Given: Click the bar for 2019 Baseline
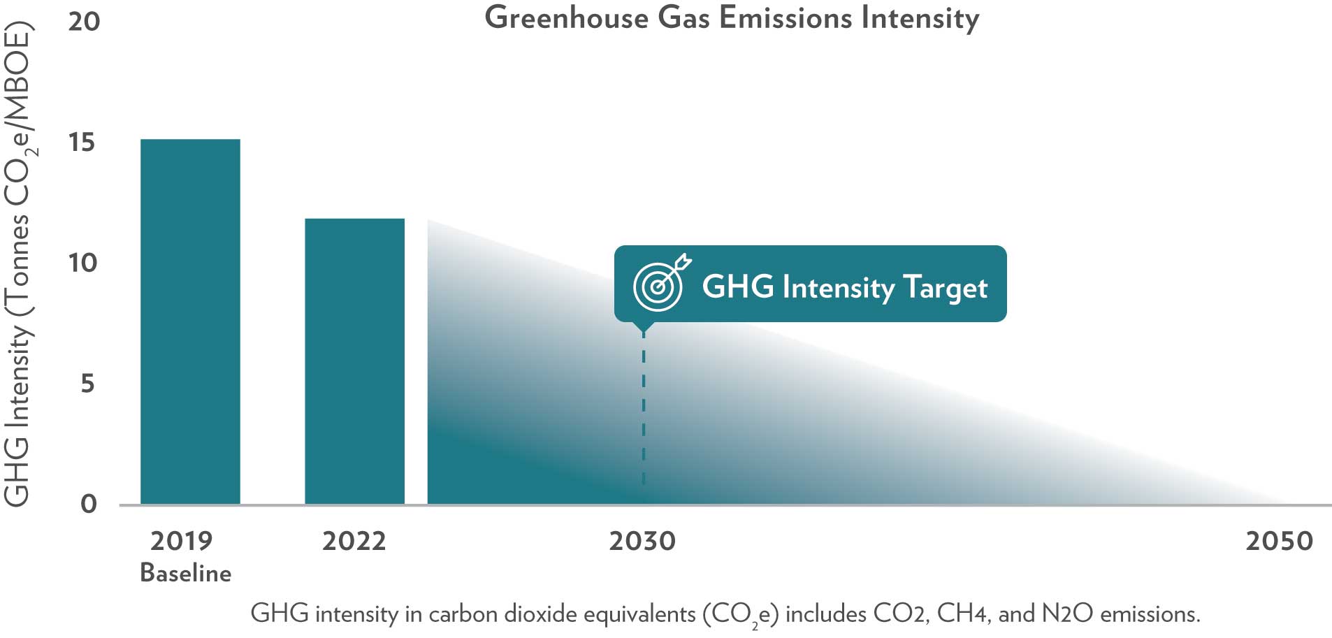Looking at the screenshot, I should click(x=190, y=321).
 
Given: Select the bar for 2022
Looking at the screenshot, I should click(x=354, y=361).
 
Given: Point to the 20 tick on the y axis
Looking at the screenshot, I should click(x=84, y=22).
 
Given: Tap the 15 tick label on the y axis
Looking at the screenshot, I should click(x=81, y=143).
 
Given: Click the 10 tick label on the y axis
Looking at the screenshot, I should click(x=82, y=263).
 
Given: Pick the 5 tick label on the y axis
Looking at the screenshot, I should click(x=87, y=384).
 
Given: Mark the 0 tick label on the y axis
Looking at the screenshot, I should click(x=88, y=504).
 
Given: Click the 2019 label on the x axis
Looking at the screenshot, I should click(x=181, y=541).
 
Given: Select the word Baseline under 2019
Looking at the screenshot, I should click(x=185, y=573).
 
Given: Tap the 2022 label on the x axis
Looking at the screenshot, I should click(x=354, y=541).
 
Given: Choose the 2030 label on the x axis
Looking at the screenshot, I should click(x=642, y=541).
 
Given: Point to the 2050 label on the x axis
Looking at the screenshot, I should click(x=1279, y=541).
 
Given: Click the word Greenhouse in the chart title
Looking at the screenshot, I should click(x=566, y=18).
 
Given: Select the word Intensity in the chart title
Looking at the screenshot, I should click(x=920, y=18).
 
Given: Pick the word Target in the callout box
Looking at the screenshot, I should click(x=945, y=287).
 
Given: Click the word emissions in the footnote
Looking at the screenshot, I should click(x=1150, y=614).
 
